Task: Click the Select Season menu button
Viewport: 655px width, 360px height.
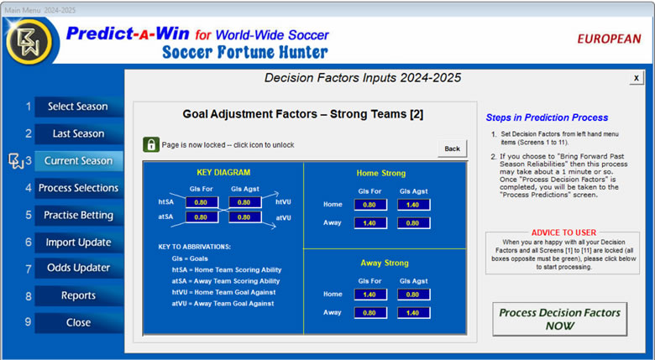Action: pyautogui.click(x=79, y=107)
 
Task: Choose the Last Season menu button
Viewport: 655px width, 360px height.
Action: pyautogui.click(x=79, y=133)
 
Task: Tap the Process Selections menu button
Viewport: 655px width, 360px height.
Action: pyautogui.click(x=79, y=188)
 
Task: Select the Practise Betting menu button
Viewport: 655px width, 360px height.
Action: pyautogui.click(x=79, y=215)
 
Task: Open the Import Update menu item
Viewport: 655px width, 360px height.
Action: pyautogui.click(x=79, y=243)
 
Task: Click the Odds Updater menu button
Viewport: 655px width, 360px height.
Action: pyautogui.click(x=79, y=269)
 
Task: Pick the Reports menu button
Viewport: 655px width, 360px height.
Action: pyautogui.click(x=79, y=295)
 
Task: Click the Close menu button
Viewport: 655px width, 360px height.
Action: pyautogui.click(x=79, y=323)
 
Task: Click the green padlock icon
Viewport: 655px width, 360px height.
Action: pyautogui.click(x=151, y=144)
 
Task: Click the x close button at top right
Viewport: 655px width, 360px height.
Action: pyautogui.click(x=637, y=78)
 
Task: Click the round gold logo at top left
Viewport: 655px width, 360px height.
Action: pyautogui.click(x=29, y=41)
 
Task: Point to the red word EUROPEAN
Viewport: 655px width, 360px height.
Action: pyautogui.click(x=609, y=39)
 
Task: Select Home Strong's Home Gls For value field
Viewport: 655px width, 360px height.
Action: pyautogui.click(x=370, y=205)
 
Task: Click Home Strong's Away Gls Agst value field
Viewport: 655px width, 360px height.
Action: pyautogui.click(x=413, y=223)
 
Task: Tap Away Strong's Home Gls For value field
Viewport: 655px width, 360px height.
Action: pyautogui.click(x=370, y=295)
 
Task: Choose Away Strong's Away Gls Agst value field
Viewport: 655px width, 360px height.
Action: pyautogui.click(x=413, y=313)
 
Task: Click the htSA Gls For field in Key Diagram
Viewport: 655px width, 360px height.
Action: pyautogui.click(x=202, y=202)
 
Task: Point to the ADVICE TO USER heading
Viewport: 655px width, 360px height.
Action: pyautogui.click(x=563, y=232)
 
